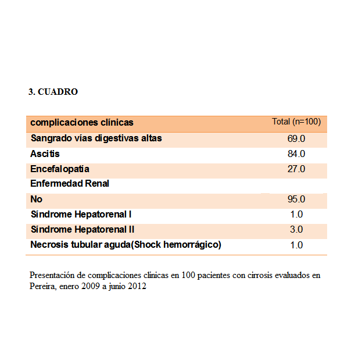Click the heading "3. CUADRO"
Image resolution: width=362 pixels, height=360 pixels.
[x=53, y=92]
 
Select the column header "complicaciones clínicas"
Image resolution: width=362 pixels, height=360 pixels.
[x=82, y=123]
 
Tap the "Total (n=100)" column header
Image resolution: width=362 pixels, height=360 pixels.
[x=296, y=122]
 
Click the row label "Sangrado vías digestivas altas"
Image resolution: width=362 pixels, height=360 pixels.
[x=96, y=138]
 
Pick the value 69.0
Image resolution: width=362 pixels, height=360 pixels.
[x=296, y=139]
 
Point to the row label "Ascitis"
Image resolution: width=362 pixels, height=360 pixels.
[x=45, y=154]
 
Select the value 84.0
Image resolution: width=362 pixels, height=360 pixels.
[x=296, y=154]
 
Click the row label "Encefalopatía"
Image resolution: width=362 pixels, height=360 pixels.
[x=60, y=169]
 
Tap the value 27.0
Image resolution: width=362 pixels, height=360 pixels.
[x=296, y=169]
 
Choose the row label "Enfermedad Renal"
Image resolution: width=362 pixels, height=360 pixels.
[x=70, y=184]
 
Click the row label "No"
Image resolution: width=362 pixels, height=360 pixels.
[x=36, y=199]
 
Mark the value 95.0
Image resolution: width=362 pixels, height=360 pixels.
[x=296, y=199]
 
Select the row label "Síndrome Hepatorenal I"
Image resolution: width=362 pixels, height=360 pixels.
[x=81, y=214]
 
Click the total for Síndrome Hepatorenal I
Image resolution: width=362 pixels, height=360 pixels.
[x=296, y=215]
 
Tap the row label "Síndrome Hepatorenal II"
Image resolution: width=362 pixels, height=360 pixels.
[x=83, y=229]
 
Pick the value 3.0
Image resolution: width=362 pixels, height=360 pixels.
[x=296, y=230]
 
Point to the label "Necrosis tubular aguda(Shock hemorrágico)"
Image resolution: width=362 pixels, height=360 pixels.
[x=126, y=244]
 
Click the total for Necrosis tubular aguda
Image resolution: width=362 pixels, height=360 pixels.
[x=296, y=245]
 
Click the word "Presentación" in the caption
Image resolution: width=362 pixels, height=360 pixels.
[x=51, y=275]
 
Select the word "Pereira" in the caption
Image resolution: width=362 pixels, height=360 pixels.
[x=41, y=286]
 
